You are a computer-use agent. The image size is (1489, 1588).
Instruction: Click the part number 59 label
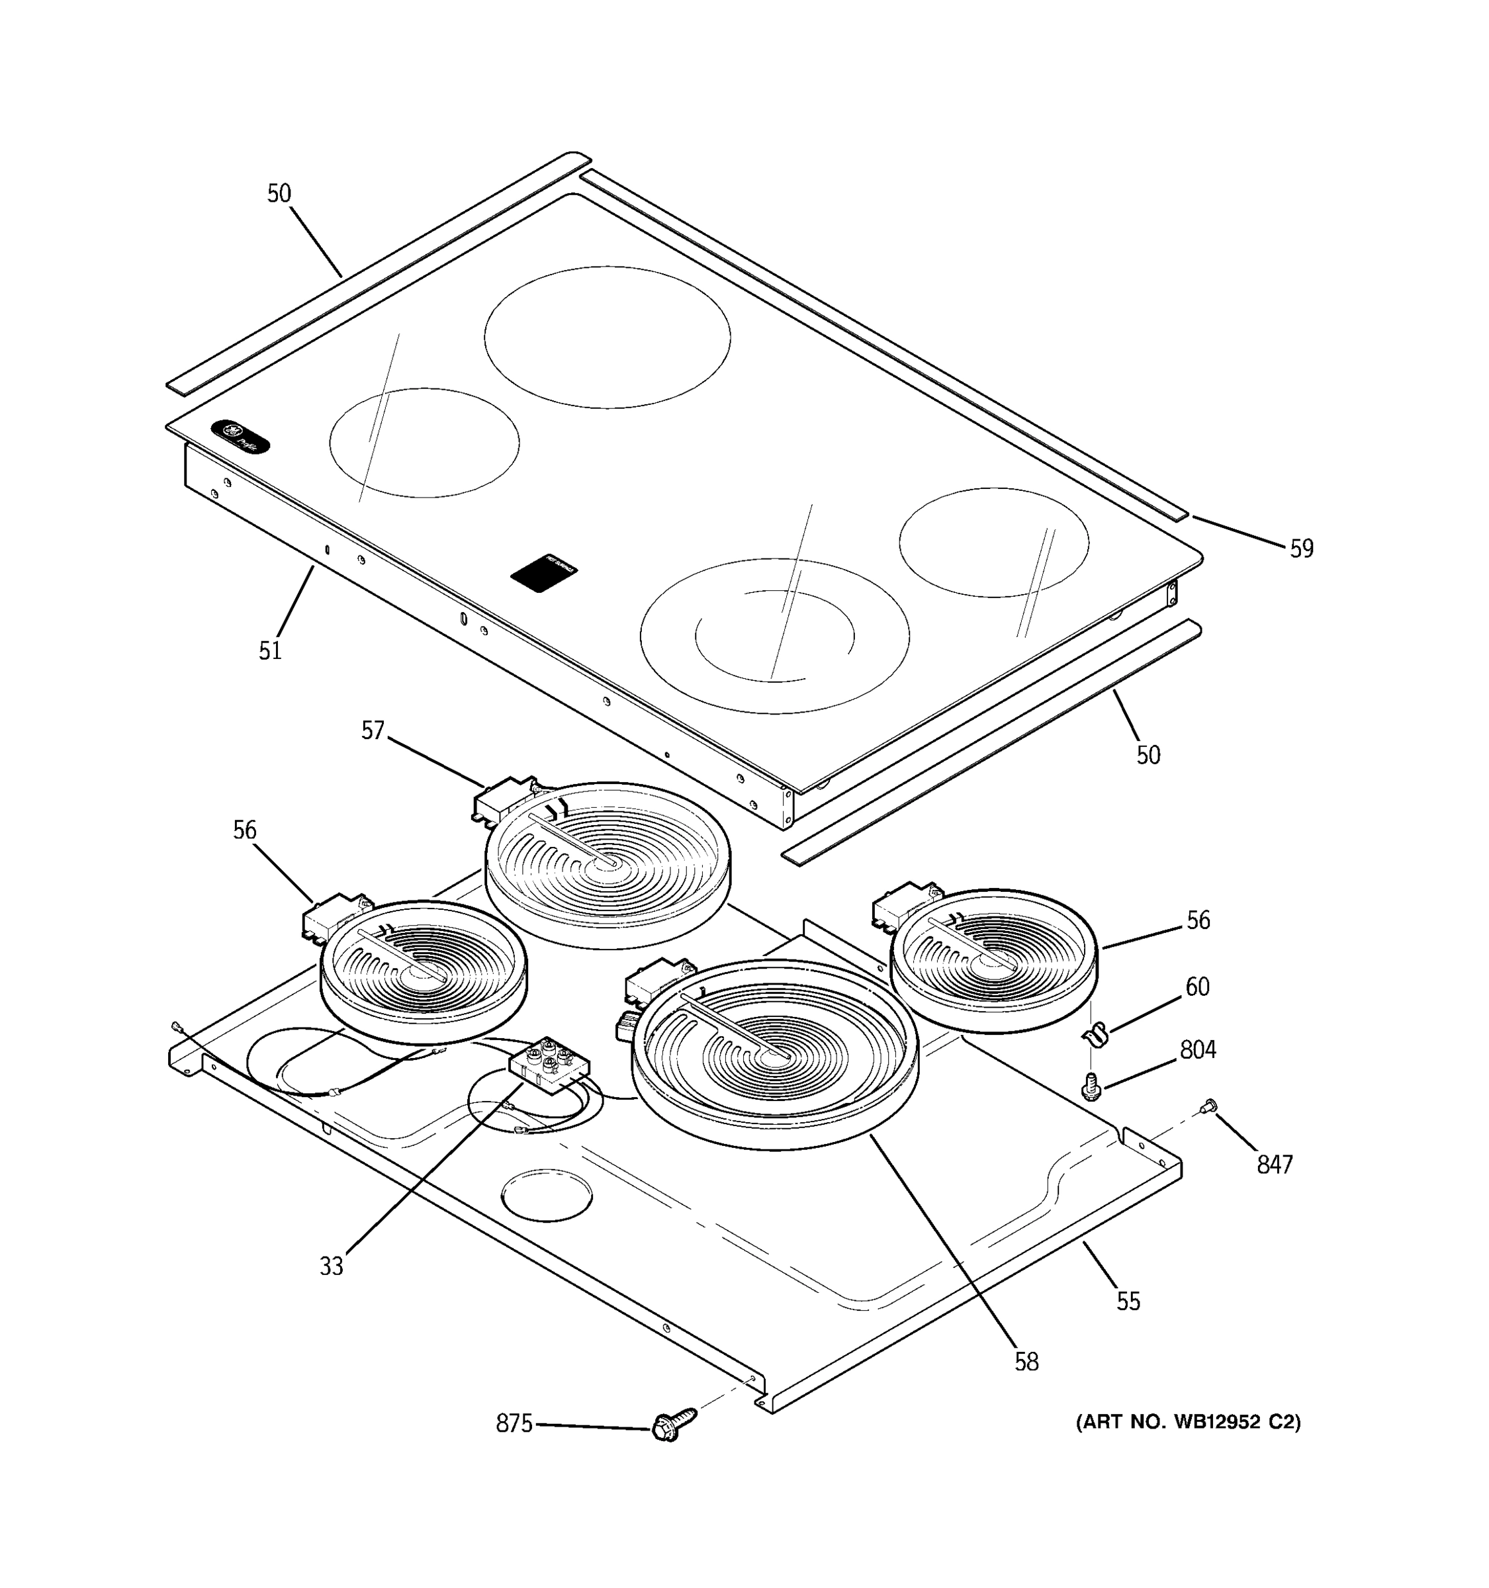(1301, 549)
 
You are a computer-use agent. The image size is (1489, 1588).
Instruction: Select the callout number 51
(270, 650)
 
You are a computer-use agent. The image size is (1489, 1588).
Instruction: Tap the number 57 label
(372, 730)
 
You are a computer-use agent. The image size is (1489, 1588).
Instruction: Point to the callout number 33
(331, 1266)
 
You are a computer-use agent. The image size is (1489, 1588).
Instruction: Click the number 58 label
(1026, 1362)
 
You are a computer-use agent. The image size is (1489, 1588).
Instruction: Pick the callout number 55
(1128, 1301)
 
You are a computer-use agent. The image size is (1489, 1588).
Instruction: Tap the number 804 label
(1197, 1049)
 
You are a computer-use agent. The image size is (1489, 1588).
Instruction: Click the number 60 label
(1196, 987)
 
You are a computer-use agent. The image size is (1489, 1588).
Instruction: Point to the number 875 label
(514, 1423)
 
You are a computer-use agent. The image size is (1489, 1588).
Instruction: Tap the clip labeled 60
(1095, 1036)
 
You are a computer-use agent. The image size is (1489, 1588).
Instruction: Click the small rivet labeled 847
(1208, 1106)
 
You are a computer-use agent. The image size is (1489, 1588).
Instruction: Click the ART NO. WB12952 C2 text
(1188, 1422)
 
